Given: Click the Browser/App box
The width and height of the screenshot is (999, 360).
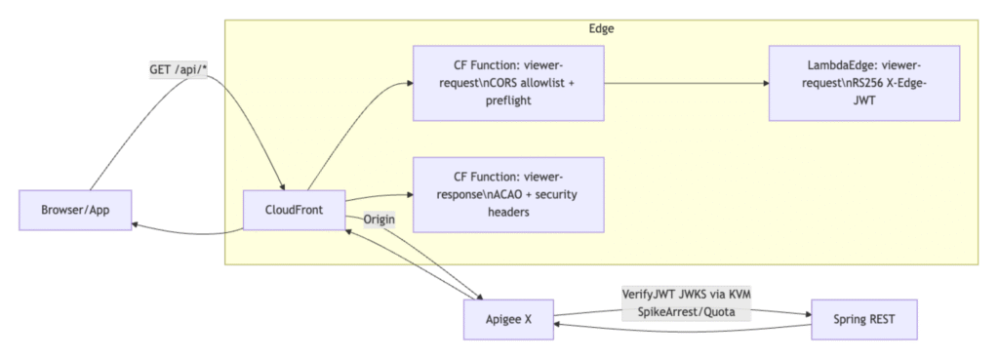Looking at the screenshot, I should pos(75,211).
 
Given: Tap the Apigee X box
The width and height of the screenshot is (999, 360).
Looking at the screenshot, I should pos(508,319).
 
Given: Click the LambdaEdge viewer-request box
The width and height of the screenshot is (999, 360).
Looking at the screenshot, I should pos(864,83).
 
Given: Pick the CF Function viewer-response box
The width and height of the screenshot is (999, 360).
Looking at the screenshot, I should pos(508,194).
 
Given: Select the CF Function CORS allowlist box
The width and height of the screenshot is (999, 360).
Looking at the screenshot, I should pos(508,83).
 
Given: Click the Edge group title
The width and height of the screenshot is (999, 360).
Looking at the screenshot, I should pos(602,28).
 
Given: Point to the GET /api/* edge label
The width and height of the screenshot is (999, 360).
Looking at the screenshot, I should pos(178,70).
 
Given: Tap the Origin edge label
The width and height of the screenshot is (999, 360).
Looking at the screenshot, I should pos(379,219).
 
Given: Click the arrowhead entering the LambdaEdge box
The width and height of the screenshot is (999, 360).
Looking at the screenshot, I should pos(763,84).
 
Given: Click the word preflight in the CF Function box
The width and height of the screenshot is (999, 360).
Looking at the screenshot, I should pos(508,100).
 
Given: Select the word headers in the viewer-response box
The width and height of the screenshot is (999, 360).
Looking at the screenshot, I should pos(508,212).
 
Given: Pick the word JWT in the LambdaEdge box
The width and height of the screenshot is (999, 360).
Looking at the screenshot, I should pos(864,100).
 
